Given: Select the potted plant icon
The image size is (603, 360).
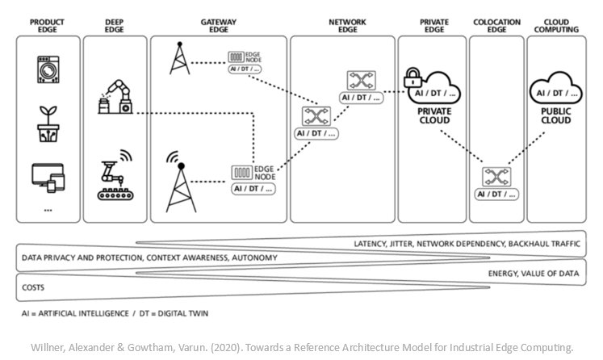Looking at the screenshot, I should coord(48,123).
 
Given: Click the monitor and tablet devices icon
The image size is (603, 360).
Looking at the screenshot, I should coord(48,177).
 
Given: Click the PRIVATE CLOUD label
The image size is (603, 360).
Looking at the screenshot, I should coord(434,115).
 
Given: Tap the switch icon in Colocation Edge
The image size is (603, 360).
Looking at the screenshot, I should coord(495,177).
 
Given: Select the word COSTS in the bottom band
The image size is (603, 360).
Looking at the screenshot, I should coord(34,287).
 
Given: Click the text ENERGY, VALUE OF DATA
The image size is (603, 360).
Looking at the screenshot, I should coord(534,274).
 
